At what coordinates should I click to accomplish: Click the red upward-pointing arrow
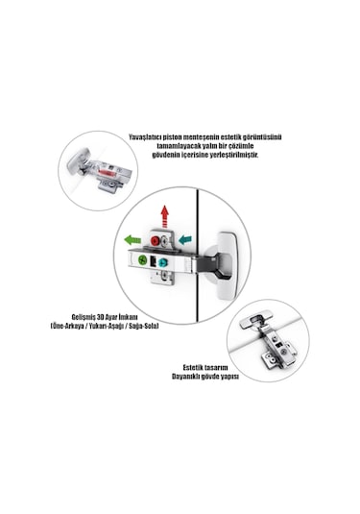165,216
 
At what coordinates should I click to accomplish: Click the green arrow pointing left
132,240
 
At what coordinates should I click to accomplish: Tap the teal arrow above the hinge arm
185,239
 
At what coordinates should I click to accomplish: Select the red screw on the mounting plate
155,241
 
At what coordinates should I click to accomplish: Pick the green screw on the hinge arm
142,260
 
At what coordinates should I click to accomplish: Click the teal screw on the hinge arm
162,262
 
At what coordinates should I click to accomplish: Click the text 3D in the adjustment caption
101,317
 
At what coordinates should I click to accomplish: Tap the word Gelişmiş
84,318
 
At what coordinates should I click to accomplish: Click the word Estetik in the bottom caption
193,367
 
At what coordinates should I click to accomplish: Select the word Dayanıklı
185,377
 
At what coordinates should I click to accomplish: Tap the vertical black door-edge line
198,255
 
